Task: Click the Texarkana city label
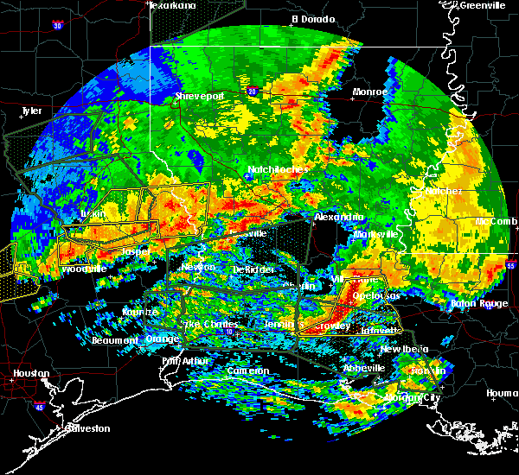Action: click(172, 5)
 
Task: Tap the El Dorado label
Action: click(307, 18)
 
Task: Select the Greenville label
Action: click(483, 5)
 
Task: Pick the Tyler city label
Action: click(31, 111)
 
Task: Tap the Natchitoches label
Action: click(278, 169)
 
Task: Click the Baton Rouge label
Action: click(479, 303)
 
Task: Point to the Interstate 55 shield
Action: click(510, 267)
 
